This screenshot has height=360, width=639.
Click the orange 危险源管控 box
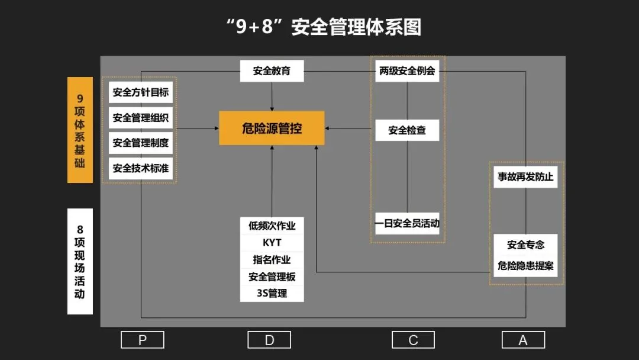coord(272,128)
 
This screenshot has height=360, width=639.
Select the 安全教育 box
coord(272,71)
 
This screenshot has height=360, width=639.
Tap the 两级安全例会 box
coord(407,71)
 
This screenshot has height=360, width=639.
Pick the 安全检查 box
coord(407,130)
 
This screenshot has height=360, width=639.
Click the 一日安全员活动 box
coord(407,224)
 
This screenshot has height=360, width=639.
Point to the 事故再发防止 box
coord(525,177)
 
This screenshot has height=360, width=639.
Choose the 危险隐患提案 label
coord(525,266)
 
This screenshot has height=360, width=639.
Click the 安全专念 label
coord(525,244)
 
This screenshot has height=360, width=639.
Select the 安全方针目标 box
coord(141,92)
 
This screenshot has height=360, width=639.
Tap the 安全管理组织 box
coord(141,117)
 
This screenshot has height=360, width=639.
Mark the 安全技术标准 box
coord(141,168)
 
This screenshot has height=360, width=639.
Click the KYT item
coord(272,243)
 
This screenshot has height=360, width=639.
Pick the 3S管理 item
coord(272,293)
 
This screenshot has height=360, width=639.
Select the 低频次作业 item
coord(272,226)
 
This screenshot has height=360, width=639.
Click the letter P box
coord(142,340)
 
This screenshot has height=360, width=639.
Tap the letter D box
coord(269,340)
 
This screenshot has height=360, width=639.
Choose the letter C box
coord(413,340)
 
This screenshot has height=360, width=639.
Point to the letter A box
coord(523,340)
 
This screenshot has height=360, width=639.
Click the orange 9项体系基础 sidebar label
coord(80,130)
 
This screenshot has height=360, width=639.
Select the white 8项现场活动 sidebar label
coord(80,261)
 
